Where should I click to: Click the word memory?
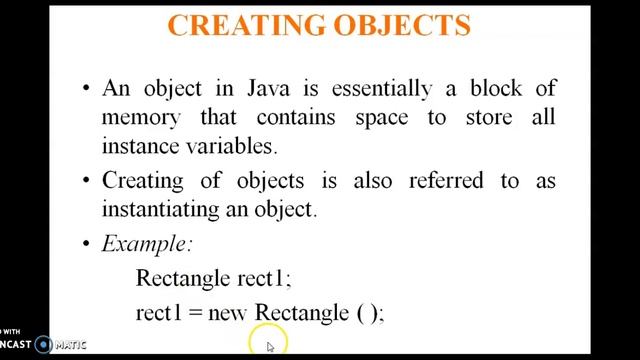click(x=139, y=116)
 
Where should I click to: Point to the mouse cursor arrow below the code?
click(x=270, y=346)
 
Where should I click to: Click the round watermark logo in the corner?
click(x=43, y=345)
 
